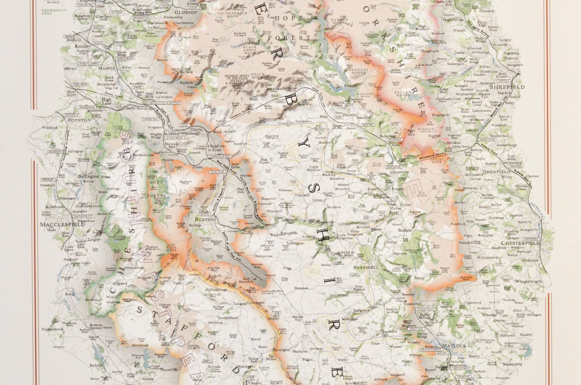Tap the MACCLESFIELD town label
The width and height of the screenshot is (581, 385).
62,224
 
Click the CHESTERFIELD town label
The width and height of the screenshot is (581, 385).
520,243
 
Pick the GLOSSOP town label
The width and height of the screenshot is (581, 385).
186,12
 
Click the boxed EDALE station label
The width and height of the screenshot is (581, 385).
280,101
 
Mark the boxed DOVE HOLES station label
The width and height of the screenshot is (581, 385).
217,172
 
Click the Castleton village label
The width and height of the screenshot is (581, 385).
302,121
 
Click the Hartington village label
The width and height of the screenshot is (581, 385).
281,350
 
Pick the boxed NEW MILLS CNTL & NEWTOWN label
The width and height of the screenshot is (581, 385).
165,103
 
